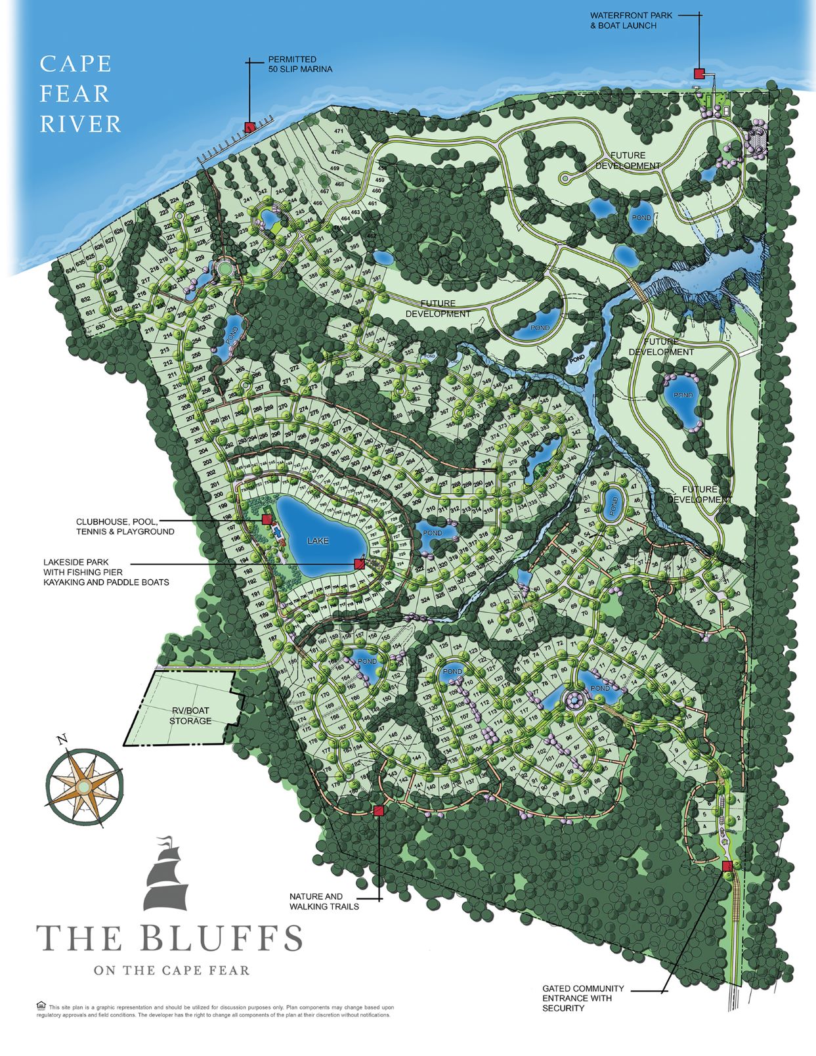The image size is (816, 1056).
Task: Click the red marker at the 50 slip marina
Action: click(249, 127)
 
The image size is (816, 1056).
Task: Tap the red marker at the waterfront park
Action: click(699, 73)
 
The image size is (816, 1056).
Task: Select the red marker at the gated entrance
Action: click(727, 866)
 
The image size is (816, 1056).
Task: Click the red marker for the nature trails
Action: click(378, 811)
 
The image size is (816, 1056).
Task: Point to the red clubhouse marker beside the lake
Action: click(267, 519)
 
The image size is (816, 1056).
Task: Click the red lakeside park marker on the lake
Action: click(359, 563)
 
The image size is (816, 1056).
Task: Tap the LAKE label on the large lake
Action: click(318, 540)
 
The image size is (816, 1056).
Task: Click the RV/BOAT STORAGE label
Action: click(190, 715)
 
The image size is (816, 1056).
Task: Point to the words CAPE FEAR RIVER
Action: click(80, 94)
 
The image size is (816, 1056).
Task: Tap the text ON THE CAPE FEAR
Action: click(171, 970)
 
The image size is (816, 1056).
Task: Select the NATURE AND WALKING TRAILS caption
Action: click(324, 901)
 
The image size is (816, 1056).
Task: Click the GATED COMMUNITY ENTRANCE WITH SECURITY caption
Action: click(582, 998)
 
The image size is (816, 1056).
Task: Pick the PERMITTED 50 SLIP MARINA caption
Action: click(300, 64)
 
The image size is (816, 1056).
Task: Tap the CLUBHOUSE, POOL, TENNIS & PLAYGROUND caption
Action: click(125, 527)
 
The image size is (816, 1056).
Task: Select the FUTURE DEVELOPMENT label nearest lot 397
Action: click(438, 309)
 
